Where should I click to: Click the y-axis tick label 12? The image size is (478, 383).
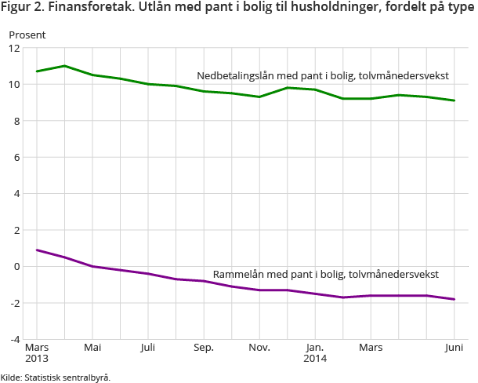13,48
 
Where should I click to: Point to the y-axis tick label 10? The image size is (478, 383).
13,85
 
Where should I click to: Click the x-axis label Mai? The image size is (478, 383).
92,348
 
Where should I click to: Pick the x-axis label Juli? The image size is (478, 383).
148,348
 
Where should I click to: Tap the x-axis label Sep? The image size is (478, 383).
204,348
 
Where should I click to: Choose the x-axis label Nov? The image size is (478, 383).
259,348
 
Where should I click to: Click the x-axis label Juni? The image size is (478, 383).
454,348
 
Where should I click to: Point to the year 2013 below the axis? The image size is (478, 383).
37,359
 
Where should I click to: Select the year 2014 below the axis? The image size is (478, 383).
315,359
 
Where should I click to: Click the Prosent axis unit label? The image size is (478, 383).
27,35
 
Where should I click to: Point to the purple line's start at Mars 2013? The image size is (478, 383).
37,250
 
